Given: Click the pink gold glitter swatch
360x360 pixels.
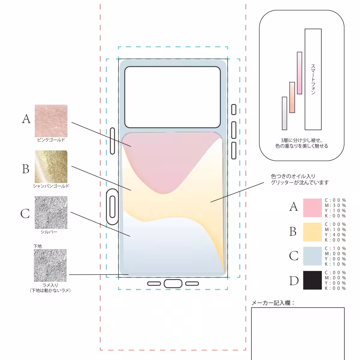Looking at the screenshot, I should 51,121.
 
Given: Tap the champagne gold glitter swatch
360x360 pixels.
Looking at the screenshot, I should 51,166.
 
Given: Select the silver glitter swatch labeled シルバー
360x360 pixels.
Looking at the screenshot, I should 51,212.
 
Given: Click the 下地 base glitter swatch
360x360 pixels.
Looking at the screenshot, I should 50,265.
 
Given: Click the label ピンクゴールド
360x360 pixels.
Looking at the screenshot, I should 51,140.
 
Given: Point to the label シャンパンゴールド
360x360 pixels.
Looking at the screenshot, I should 51,186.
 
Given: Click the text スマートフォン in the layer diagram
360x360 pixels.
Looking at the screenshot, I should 313,79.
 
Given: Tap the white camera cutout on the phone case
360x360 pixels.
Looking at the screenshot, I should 172,97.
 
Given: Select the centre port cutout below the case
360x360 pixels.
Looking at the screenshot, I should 173,283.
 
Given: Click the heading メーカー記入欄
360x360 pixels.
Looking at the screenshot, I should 273,303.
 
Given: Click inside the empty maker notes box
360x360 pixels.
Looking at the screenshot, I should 298,333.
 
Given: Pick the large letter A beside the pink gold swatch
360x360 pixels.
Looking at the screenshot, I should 26,119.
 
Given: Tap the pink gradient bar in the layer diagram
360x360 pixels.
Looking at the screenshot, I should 299,73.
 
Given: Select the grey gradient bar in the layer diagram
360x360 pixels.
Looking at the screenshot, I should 284,113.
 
